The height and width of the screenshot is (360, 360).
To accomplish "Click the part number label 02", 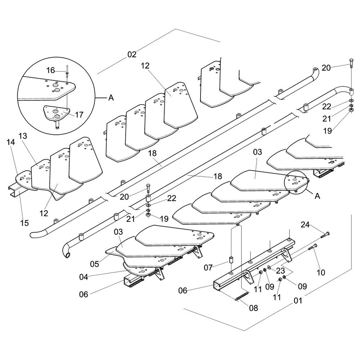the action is (x=132, y=54).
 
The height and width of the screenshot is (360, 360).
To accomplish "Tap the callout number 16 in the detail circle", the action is (x=50, y=70).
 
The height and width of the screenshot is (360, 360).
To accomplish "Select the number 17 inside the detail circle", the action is (x=79, y=114).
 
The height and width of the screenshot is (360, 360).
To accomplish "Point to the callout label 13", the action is (x=23, y=136).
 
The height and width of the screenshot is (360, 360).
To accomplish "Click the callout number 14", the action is (x=11, y=142).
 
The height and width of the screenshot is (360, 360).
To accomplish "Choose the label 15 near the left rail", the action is (x=24, y=223).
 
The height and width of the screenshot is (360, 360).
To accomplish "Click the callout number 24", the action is (x=305, y=225).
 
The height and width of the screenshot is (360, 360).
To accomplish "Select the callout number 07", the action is (x=208, y=267).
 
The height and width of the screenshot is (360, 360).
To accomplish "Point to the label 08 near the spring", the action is (x=253, y=308).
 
